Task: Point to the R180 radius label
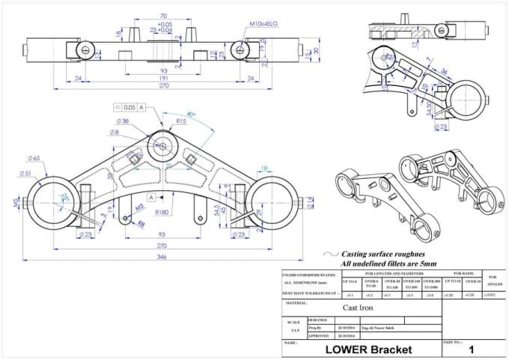point(162,212)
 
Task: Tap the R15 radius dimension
point(182,120)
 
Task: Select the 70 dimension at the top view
point(163,16)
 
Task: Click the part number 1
point(471,350)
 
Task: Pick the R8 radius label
point(141,222)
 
